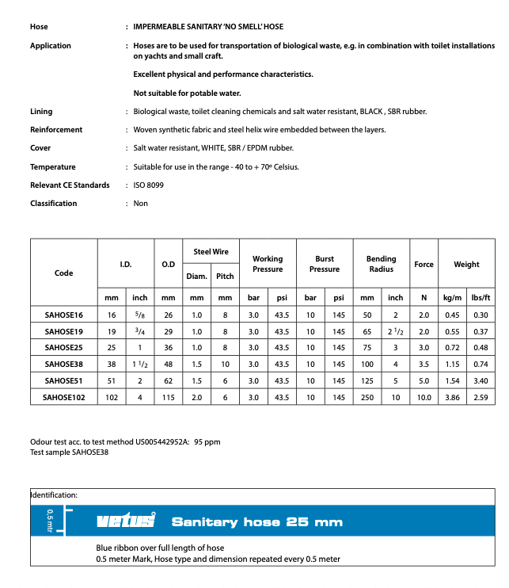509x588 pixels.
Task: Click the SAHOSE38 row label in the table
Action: [x=64, y=364]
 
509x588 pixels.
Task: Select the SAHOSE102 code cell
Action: [x=64, y=397]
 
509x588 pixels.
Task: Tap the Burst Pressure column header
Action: [x=325, y=264]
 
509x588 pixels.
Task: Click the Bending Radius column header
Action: [x=381, y=264]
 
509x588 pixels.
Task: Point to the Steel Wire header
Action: [x=211, y=252]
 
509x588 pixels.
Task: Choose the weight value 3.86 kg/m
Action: [x=452, y=397]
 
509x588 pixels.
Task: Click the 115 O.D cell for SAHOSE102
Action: [x=169, y=397]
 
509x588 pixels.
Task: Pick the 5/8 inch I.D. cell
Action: [x=139, y=314]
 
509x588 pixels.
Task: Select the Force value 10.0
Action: [x=424, y=397]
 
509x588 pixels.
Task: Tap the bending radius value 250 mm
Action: [x=367, y=397]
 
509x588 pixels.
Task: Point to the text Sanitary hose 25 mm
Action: [x=257, y=521]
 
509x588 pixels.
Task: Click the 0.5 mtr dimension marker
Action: [x=50, y=521]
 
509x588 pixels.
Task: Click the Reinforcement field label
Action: [x=56, y=129]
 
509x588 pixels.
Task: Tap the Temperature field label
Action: [x=53, y=166]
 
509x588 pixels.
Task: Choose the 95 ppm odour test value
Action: [x=207, y=443]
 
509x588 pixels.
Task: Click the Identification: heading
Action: [x=54, y=495]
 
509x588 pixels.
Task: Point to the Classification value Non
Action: [x=141, y=204]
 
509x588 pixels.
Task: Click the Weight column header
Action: [x=466, y=264]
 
